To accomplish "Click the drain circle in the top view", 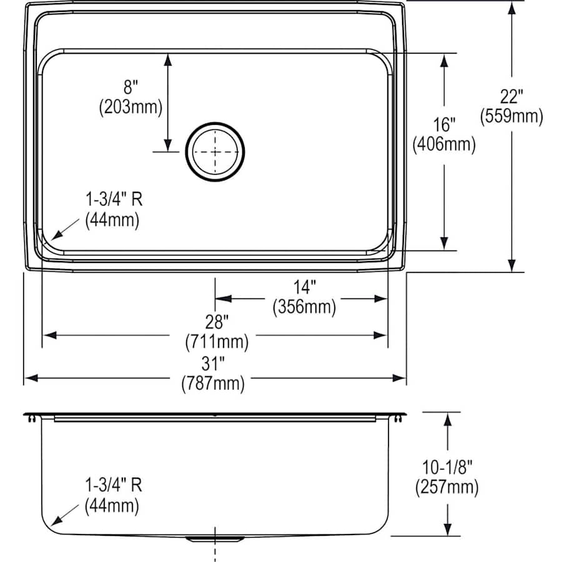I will [x=215, y=151].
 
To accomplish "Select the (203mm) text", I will [x=131, y=107].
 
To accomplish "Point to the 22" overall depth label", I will [x=511, y=97].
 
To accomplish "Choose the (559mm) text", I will [x=511, y=116].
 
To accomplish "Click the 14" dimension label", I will [x=304, y=288].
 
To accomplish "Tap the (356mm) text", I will [x=304, y=307].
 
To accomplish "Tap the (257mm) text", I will [x=447, y=486].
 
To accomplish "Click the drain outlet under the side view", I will [x=215, y=538].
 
